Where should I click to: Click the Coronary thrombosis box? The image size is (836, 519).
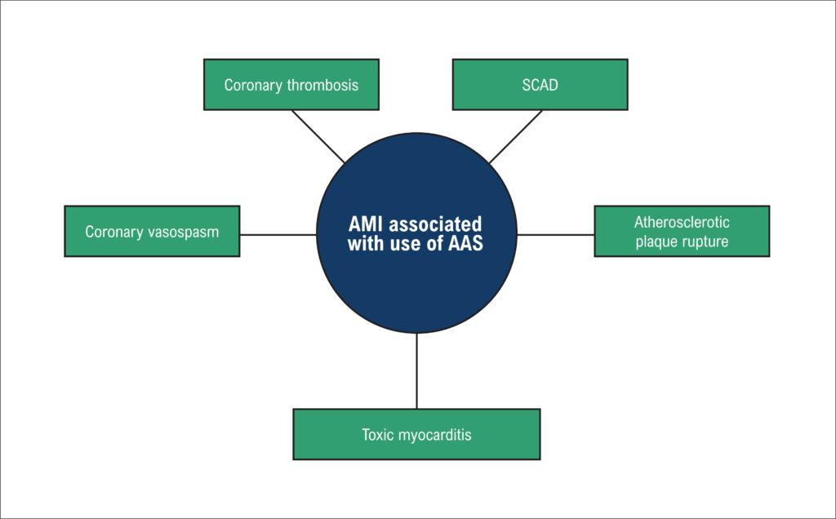291,85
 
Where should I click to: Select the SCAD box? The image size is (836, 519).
540,85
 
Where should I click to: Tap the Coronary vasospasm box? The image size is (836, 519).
152,231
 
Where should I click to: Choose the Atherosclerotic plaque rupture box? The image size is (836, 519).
682,231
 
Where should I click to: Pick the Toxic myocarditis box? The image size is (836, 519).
416,434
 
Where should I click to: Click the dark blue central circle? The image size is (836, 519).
416,233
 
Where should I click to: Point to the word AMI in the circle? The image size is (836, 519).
365,224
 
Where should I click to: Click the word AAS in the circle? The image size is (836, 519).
465,243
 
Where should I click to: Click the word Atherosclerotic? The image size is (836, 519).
682,222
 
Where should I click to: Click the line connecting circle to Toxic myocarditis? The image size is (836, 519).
416,370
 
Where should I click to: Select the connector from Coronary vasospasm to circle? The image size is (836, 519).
278,234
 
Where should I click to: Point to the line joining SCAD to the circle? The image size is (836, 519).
516,137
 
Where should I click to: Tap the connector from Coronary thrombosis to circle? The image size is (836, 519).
318,136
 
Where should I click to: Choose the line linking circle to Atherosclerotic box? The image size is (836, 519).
555,234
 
